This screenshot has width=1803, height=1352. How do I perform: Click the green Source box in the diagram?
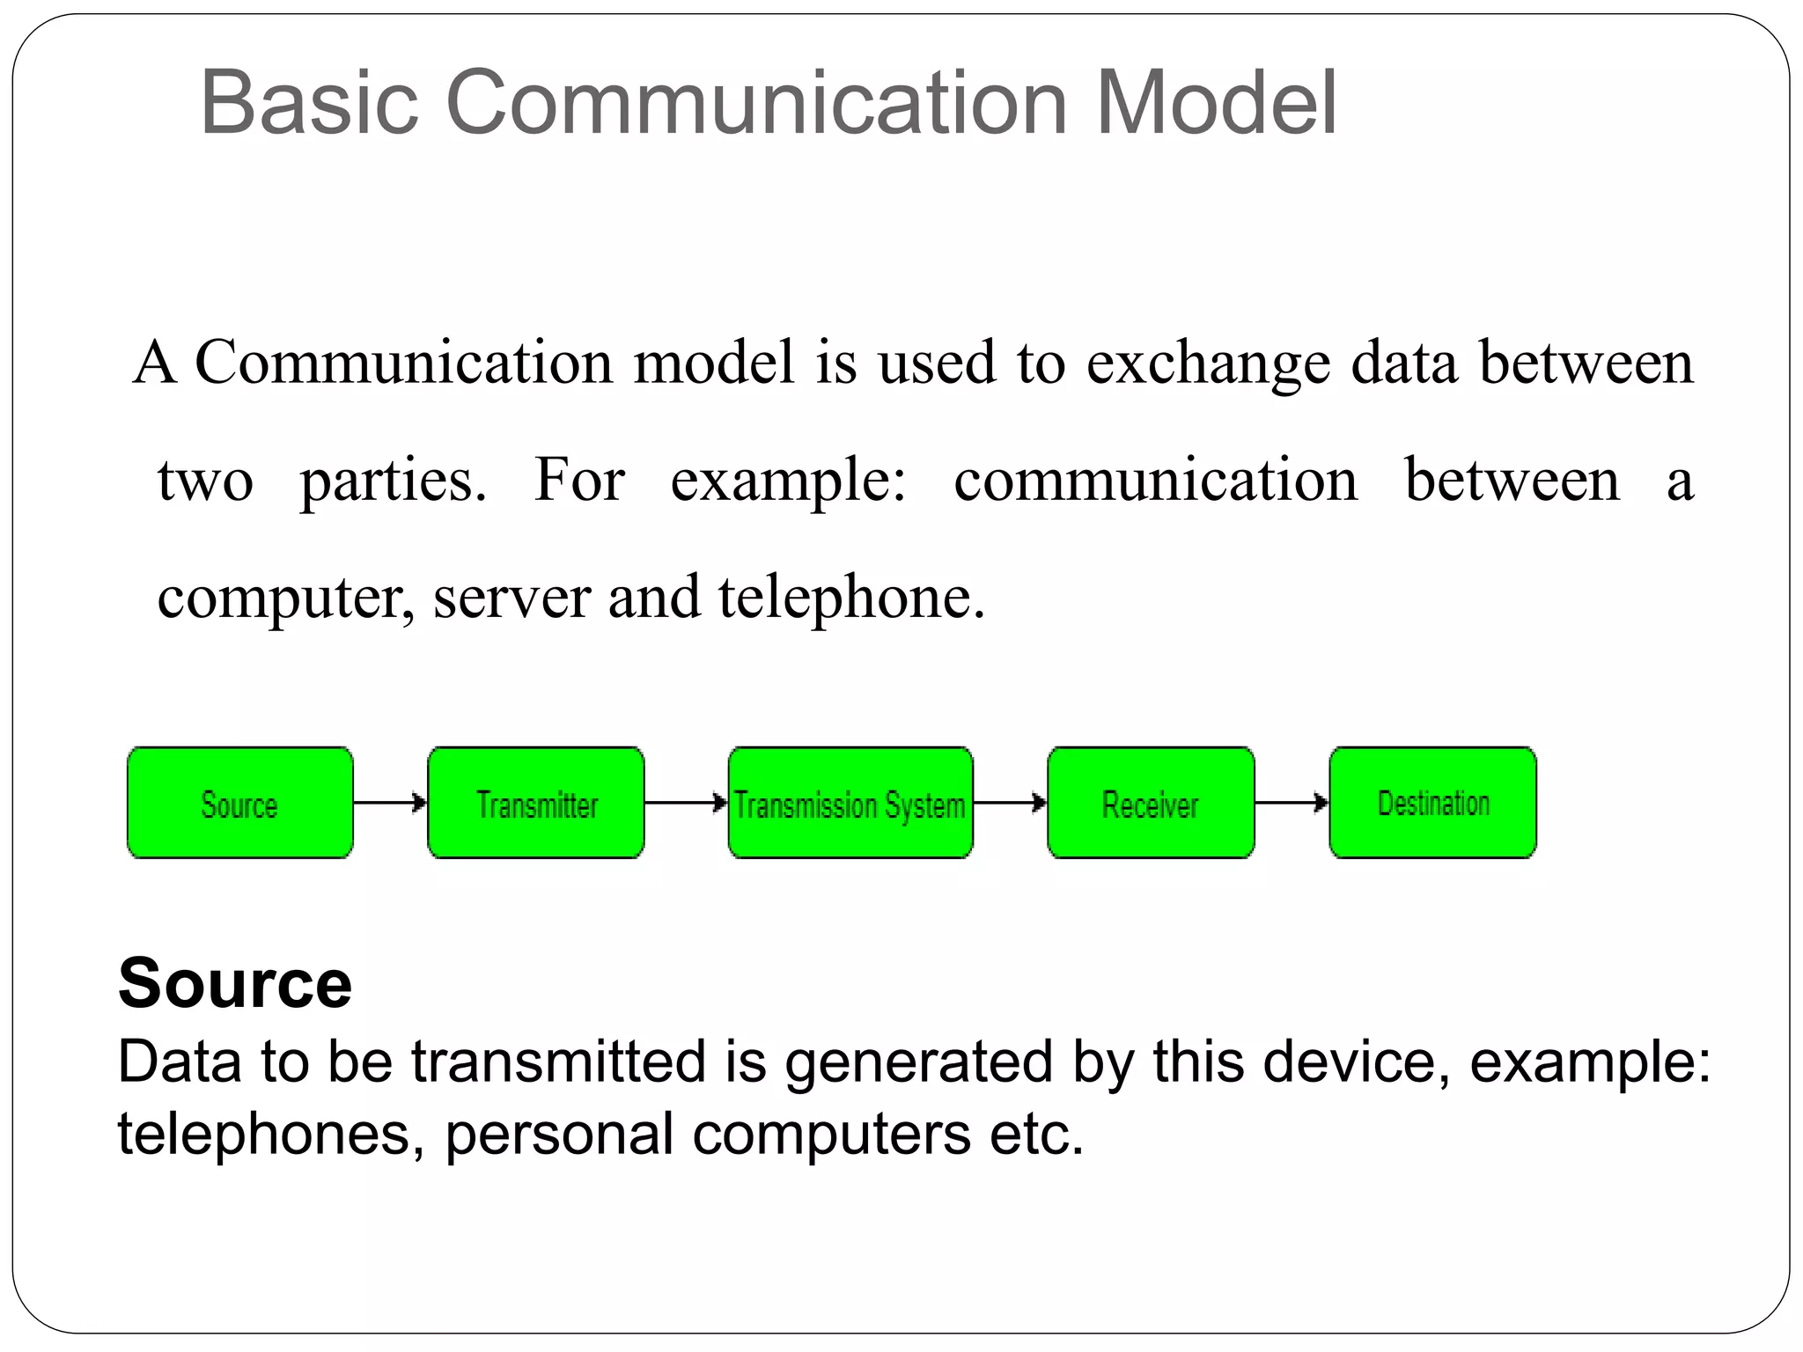pos(239,803)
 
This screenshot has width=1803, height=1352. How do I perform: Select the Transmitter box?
pos(536,803)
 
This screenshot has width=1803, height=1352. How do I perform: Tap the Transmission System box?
pos(850,803)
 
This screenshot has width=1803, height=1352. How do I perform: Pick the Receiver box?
pos(1151,803)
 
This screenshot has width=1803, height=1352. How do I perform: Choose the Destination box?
pos(1432,803)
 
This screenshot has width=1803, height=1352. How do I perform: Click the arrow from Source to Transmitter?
pos(390,803)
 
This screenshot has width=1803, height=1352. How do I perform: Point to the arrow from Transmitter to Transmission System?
pos(686,803)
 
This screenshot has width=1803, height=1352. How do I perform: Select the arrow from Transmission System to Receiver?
pos(1010,803)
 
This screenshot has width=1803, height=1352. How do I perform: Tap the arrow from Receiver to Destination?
pos(1292,803)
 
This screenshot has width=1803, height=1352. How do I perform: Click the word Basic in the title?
pos(309,104)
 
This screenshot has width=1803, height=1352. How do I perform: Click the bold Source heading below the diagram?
pos(235,983)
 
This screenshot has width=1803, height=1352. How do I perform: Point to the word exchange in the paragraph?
pos(1208,363)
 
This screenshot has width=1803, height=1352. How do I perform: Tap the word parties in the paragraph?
pos(393,481)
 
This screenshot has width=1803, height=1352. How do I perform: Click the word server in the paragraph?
pos(511,598)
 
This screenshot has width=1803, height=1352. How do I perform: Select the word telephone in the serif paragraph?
pos(850,598)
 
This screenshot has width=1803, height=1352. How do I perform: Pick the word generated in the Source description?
pos(919,1062)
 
